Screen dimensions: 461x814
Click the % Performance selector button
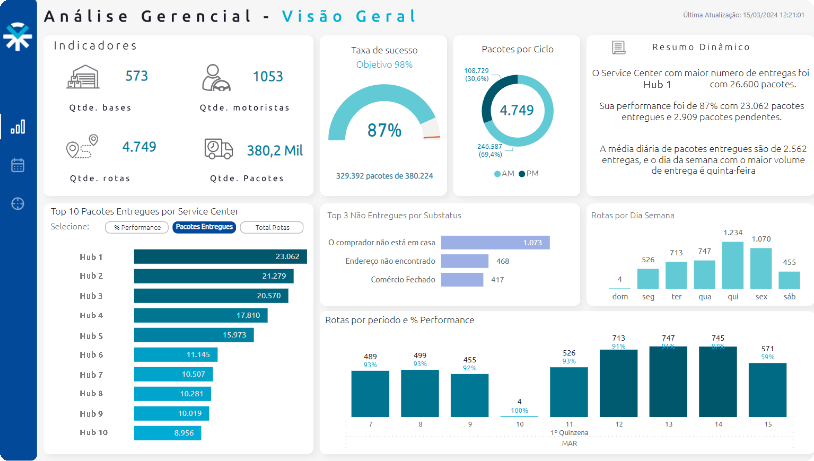pos(137,227)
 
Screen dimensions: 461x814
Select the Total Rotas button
pos(272,227)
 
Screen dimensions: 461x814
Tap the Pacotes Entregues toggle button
pos(204,227)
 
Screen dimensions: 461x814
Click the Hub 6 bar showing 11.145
pos(176,355)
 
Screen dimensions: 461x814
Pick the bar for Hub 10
pos(167,433)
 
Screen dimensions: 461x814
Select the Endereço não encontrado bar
pos(464,261)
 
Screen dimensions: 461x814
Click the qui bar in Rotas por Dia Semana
pos(733,265)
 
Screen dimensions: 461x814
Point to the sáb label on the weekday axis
pos(789,297)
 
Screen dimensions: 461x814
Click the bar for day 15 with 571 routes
pos(767,390)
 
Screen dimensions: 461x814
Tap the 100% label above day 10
pos(519,410)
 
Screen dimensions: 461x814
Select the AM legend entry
pos(504,173)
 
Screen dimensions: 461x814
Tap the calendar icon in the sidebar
pos(18,165)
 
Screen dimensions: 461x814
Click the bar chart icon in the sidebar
pos(18,127)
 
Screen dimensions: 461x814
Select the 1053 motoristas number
pos(268,76)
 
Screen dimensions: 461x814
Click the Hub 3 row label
pos(91,296)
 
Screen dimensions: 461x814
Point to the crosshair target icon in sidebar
pos(18,204)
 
